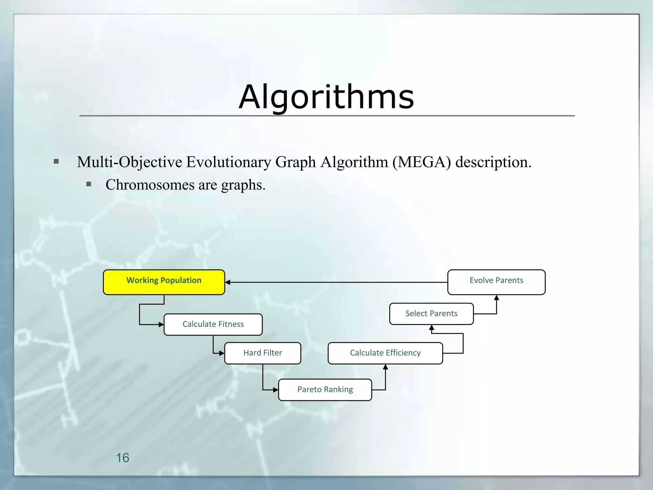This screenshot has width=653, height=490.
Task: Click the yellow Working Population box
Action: pyautogui.click(x=164, y=282)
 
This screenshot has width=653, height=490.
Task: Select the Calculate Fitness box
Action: pyautogui.click(x=213, y=324)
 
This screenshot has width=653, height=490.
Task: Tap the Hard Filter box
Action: pyautogui.click(x=262, y=353)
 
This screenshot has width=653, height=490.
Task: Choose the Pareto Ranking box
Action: pyautogui.click(x=325, y=390)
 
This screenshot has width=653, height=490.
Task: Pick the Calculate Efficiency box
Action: pyautogui.click(x=385, y=353)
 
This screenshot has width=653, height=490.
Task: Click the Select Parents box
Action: pyautogui.click(x=431, y=314)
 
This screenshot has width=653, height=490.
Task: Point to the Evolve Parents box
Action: pyautogui.click(x=496, y=282)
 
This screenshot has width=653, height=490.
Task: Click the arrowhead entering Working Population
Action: pyautogui.click(x=228, y=282)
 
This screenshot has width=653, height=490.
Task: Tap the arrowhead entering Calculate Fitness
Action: pyautogui.click(x=161, y=325)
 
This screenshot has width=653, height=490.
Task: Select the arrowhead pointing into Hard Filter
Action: pyautogui.click(x=222, y=353)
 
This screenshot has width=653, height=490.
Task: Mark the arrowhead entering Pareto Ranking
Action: pyautogui.click(x=276, y=390)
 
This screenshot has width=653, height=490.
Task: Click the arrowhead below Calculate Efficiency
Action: pyautogui.click(x=385, y=367)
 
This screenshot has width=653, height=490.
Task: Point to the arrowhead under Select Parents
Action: pyautogui.click(x=432, y=328)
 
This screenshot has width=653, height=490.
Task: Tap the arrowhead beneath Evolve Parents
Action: pyautogui.click(x=496, y=298)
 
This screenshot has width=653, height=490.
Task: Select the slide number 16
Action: pyautogui.click(x=122, y=458)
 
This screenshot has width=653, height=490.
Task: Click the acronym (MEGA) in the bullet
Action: pyautogui.click(x=422, y=162)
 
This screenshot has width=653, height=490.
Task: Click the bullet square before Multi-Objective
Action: pyautogui.click(x=56, y=161)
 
